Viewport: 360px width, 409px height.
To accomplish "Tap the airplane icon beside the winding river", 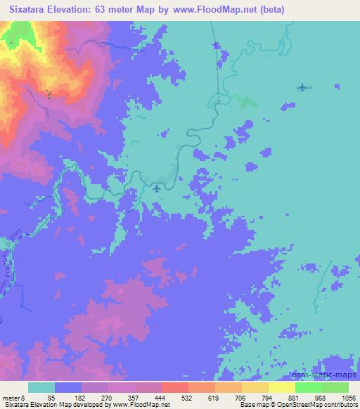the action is (157, 188).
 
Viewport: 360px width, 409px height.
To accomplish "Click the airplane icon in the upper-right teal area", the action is (302, 87).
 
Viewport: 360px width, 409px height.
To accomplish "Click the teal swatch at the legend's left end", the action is (41, 387).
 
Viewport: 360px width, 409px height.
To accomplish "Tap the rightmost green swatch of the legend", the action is (335, 387).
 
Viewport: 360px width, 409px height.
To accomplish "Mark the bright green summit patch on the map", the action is (12, 42).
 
